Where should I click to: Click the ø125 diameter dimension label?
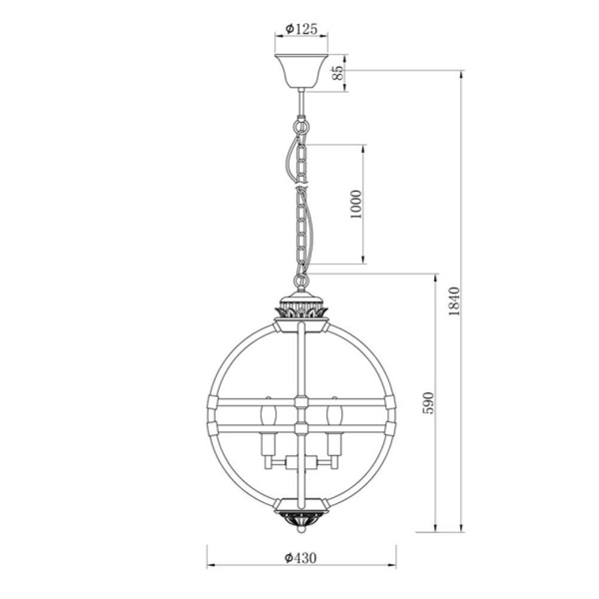tap(300, 30)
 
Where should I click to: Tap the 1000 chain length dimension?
tap(355, 204)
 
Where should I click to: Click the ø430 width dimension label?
tap(300, 558)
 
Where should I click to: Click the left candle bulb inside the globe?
tap(267, 414)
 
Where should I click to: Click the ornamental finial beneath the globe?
tap(300, 518)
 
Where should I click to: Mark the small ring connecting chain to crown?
tap(300, 282)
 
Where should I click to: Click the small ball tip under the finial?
tap(300, 531)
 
